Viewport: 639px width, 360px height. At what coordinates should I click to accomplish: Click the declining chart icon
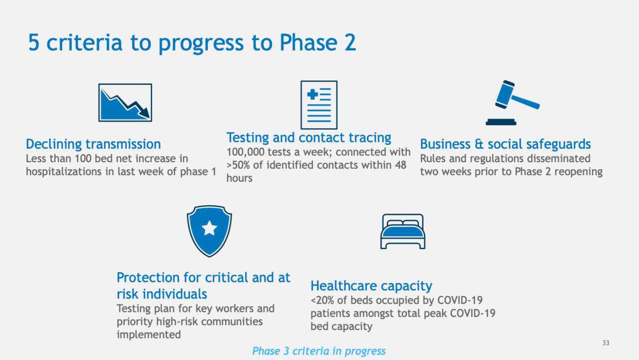click(x=125, y=102)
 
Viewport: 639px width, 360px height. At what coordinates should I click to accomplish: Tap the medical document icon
click(x=319, y=105)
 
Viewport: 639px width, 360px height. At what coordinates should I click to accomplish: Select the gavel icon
click(x=512, y=102)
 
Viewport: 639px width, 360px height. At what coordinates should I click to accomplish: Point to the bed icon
click(x=402, y=231)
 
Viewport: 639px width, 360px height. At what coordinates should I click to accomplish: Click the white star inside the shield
click(x=209, y=229)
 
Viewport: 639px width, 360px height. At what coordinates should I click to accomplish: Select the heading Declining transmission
click(x=93, y=144)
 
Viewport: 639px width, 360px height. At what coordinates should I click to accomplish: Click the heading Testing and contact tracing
click(x=309, y=137)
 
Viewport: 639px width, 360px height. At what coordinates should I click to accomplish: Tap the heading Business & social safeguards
click(x=505, y=144)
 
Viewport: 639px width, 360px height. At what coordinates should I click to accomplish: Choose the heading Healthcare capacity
click(x=371, y=286)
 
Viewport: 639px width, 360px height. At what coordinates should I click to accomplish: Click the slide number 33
click(x=606, y=343)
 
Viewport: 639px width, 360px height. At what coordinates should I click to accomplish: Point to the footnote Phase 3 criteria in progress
click(x=319, y=351)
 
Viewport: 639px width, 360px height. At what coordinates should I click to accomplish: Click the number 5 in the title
click(x=33, y=43)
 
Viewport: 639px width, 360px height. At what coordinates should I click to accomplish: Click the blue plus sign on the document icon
click(x=313, y=94)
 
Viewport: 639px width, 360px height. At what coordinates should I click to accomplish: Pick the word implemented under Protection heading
click(x=148, y=335)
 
